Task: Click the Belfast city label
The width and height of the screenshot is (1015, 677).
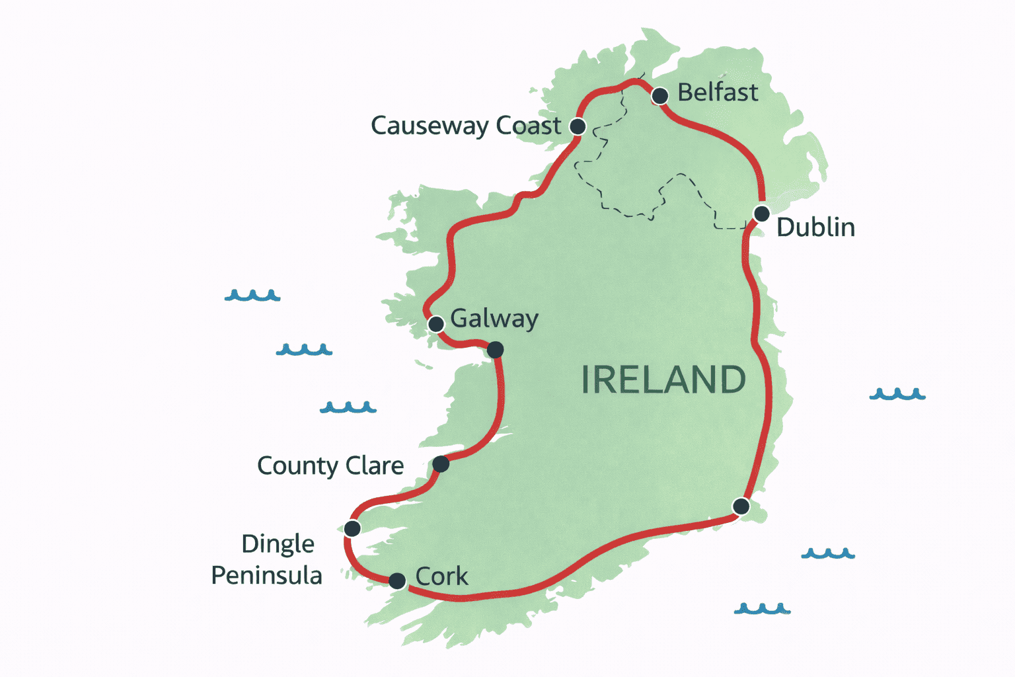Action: (718, 93)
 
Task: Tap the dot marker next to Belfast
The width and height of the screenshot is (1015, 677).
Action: (659, 97)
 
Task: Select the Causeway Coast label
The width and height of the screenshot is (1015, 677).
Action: (466, 126)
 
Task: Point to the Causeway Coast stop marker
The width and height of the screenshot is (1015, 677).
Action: (578, 126)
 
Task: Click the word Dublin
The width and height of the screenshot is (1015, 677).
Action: (815, 227)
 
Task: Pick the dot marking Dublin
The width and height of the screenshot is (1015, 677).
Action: (762, 214)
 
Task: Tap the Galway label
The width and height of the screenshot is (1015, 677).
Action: (494, 319)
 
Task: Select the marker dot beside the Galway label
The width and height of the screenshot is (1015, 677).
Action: (436, 324)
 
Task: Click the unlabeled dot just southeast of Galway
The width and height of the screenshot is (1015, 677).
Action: (495, 349)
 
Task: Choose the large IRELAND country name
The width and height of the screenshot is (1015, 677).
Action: (663, 380)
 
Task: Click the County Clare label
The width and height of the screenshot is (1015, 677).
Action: (330, 465)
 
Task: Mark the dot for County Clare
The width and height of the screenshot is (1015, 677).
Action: (441, 464)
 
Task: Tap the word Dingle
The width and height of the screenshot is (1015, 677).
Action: (278, 544)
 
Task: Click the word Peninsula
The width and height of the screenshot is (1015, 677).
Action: (266, 576)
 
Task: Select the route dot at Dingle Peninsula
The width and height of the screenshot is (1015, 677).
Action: (352, 528)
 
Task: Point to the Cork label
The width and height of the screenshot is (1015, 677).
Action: (441, 577)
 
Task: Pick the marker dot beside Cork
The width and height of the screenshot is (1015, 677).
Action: (397, 581)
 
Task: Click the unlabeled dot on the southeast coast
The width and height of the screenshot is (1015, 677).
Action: (741, 506)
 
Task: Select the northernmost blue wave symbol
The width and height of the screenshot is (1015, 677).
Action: (252, 296)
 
